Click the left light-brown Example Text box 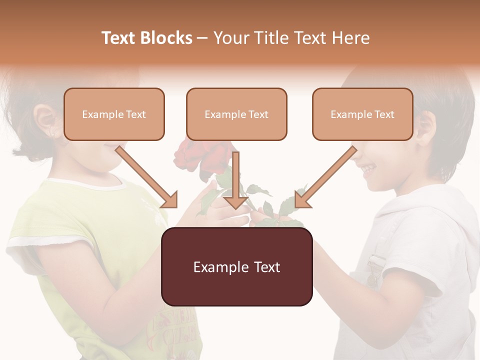pos(114,114)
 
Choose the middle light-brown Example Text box pos(236,114)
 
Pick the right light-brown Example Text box pos(362,114)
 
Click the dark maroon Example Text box pos(236,266)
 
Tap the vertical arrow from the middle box pos(235,180)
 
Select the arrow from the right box pos(325,177)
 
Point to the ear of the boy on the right pos(425,127)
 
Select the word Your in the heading pos(232,38)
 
